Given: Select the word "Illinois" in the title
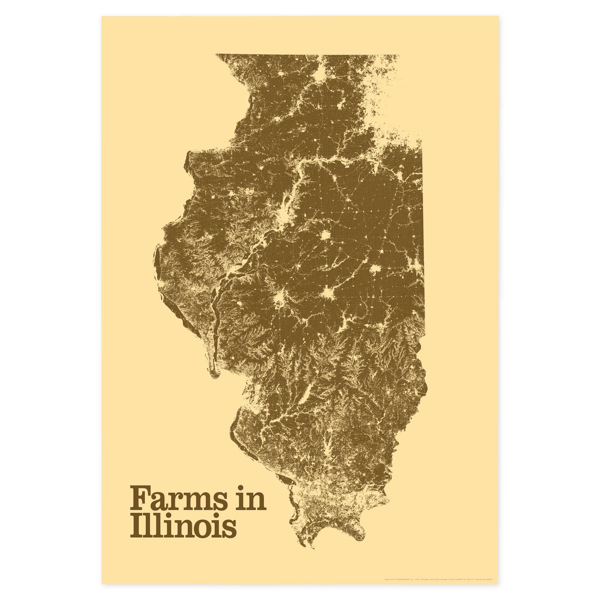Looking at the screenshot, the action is pyautogui.click(x=183, y=527).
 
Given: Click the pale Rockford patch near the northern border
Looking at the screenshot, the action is pyautogui.click(x=319, y=72).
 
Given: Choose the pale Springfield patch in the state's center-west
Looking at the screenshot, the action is pyautogui.click(x=280, y=299).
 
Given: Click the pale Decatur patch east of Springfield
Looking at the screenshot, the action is pyautogui.click(x=328, y=294).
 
